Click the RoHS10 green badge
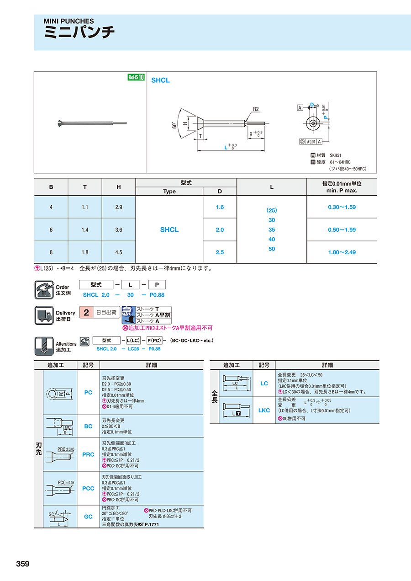pos(136,78)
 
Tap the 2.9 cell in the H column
pos(119,207)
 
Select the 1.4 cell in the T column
pos(85,230)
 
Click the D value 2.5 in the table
pos(220,252)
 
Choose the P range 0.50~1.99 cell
pos(342,230)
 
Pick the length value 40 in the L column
pos(272,240)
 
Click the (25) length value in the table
pos(272,211)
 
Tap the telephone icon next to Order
pos(43,290)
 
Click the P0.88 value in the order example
pos(157,295)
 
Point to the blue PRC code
pos(88,454)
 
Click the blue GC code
pos(88,517)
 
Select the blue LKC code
pos(264,410)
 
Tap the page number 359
pos(23,564)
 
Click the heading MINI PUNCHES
pos(68,21)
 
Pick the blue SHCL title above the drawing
pos(160,80)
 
